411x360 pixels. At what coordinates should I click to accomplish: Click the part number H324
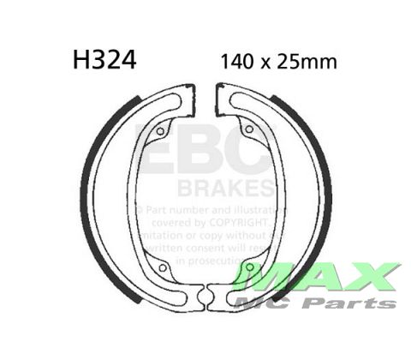[101, 62]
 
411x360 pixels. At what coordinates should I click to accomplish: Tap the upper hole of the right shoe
[248, 129]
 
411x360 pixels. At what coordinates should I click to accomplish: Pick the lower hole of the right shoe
[249, 268]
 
